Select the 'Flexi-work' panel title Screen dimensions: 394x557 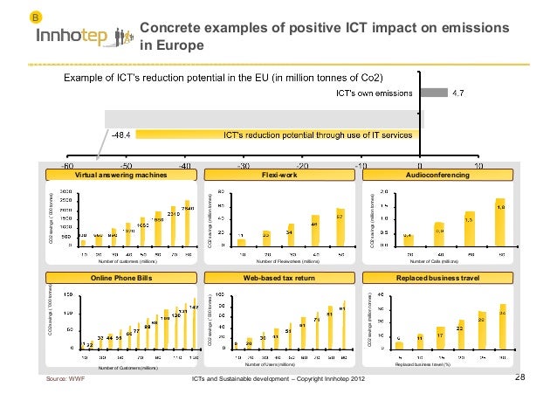tap(278, 176)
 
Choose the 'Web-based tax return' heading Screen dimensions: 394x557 tap(278, 278)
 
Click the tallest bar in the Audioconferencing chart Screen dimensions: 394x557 tap(500, 223)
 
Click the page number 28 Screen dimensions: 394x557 tap(521, 377)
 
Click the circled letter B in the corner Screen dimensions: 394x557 tap(36, 17)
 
